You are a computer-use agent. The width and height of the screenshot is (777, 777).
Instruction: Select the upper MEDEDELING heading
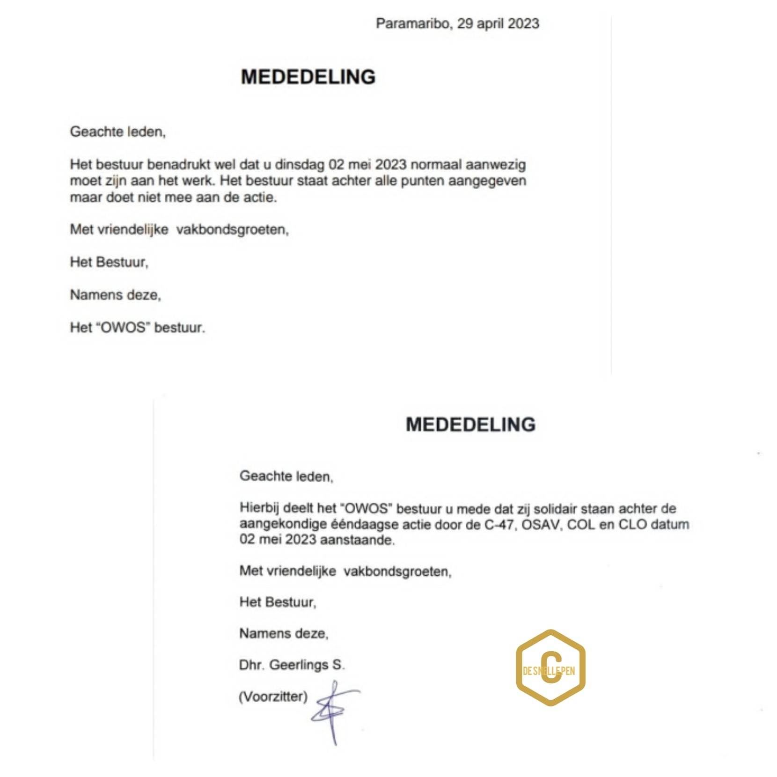pos(308,77)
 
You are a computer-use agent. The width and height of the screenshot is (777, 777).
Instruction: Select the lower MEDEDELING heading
pos(470,425)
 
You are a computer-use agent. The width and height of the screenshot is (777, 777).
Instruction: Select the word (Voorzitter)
pos(273,696)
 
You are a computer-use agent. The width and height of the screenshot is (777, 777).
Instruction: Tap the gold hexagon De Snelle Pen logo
pos(550,668)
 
